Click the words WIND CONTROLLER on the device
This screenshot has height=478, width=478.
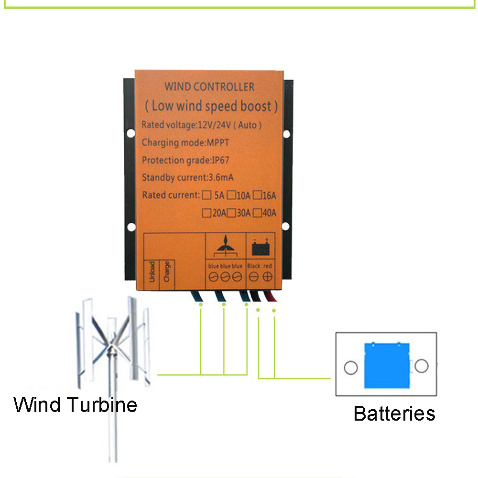(x=209, y=87)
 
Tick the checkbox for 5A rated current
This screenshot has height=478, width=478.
(x=207, y=195)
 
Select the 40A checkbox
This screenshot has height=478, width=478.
(x=257, y=213)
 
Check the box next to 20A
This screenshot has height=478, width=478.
(x=206, y=213)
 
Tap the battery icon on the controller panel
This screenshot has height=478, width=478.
(x=261, y=248)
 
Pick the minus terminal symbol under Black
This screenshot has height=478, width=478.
(x=254, y=276)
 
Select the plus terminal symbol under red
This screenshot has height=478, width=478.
(x=268, y=276)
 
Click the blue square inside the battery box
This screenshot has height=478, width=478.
(x=387, y=366)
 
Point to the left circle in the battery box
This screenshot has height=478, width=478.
(x=351, y=368)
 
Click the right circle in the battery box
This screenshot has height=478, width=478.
(x=421, y=366)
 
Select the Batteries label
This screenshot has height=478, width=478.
(x=394, y=413)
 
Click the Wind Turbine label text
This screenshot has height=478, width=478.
(x=76, y=405)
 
